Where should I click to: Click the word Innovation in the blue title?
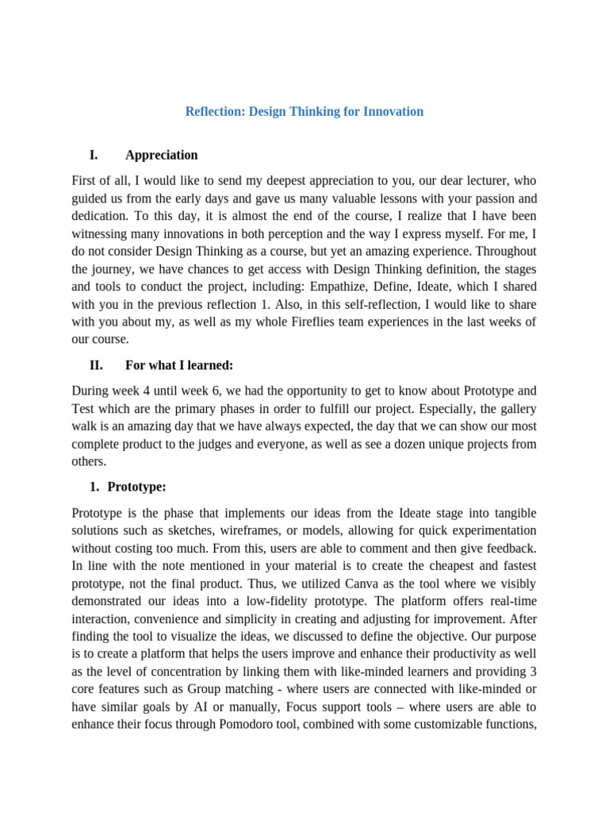point(393,112)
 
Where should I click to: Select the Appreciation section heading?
point(162,155)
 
